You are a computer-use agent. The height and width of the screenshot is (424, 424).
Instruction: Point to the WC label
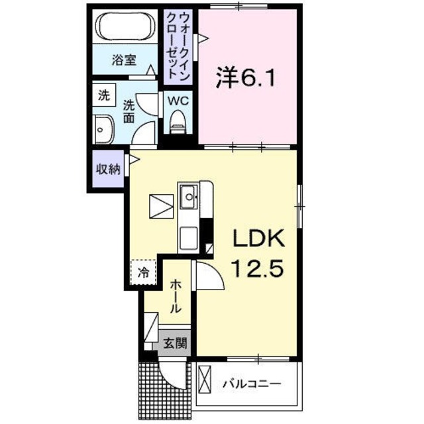[x=178, y=101]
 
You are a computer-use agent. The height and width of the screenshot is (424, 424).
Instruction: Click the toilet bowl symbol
[x=177, y=121]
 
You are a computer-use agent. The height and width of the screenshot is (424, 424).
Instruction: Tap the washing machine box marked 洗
[x=104, y=94]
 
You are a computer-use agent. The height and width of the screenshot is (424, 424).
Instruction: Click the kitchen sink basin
[x=187, y=196]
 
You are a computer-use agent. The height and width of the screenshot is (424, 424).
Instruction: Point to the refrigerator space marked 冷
[x=144, y=271]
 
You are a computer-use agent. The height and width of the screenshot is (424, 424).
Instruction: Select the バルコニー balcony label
[x=251, y=384]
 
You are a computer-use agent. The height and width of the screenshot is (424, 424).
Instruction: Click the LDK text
[x=258, y=239]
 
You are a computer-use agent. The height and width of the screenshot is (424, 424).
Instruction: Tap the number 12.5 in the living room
[x=258, y=269]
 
